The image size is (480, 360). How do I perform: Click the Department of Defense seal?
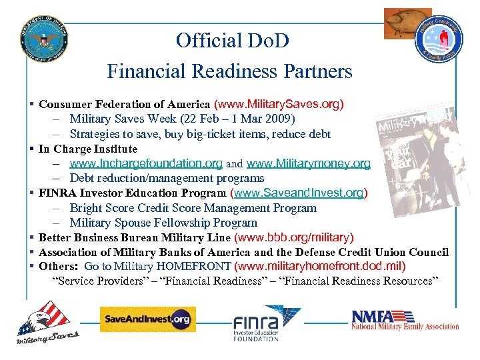[44, 36]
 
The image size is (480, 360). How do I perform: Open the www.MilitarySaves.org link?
[279, 105]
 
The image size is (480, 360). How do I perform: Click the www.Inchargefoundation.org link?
[146, 163]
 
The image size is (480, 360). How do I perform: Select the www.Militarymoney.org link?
[308, 163]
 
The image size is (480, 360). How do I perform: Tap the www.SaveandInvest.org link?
[298, 193]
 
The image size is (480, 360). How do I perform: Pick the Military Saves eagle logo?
[47, 323]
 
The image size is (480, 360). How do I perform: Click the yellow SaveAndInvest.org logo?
[147, 319]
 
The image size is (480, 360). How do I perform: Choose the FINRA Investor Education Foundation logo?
[266, 323]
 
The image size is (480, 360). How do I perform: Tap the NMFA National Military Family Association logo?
[405, 320]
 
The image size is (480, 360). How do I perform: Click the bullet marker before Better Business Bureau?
[32, 237]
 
